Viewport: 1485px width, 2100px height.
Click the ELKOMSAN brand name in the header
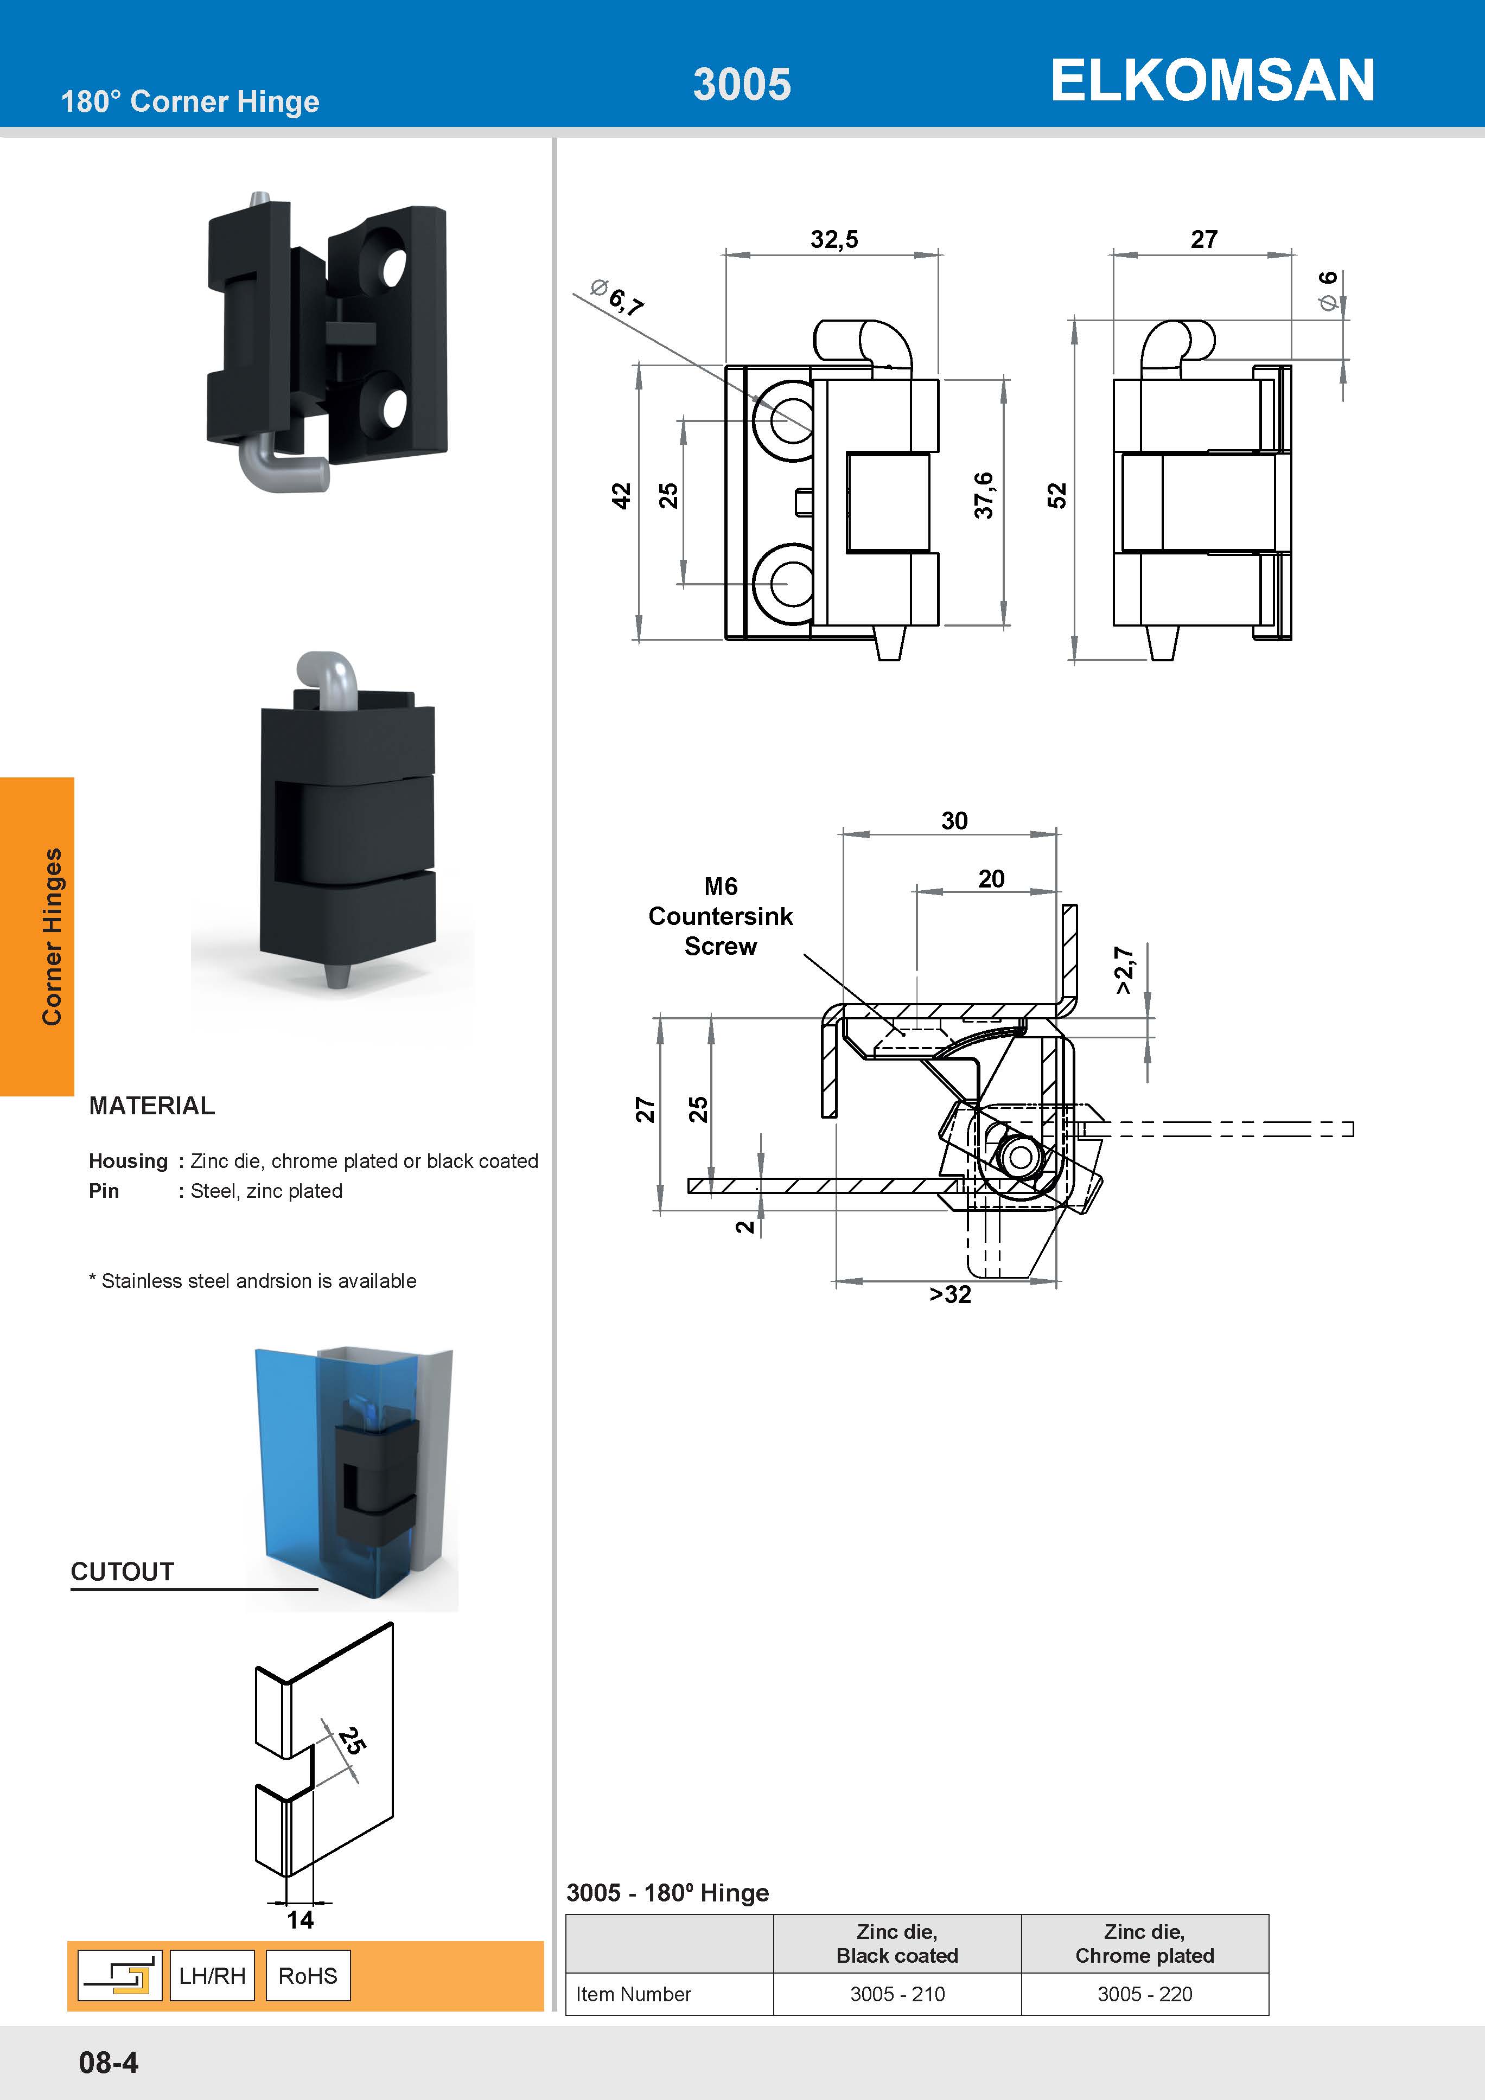[1212, 80]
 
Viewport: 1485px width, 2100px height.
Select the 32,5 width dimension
[833, 240]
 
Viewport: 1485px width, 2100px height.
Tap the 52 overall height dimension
[1057, 496]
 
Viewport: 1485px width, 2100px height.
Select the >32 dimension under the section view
[949, 1294]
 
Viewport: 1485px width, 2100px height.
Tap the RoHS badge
[308, 1976]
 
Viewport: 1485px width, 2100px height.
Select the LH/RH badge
[212, 1976]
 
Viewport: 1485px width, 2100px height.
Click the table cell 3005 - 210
[897, 1994]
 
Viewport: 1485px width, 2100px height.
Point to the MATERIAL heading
[152, 1106]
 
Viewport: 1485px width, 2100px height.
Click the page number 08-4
[109, 2063]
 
